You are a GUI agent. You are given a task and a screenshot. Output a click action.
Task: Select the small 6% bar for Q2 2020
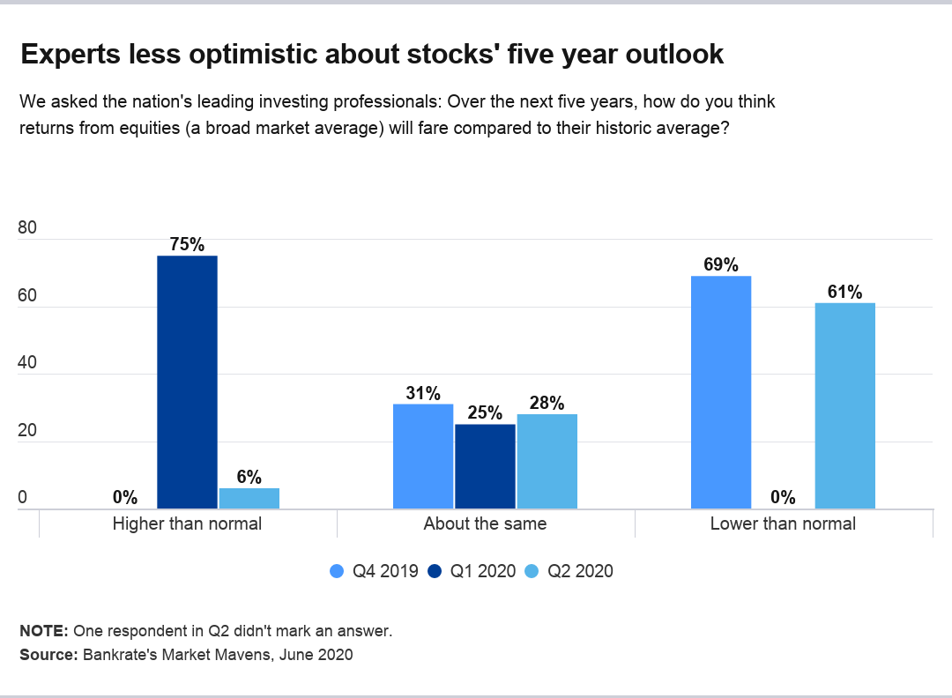pyautogui.click(x=249, y=499)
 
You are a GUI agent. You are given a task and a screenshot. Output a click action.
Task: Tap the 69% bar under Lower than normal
pyautogui.click(x=721, y=392)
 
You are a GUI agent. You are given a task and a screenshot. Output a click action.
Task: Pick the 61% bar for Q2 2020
pyautogui.click(x=844, y=405)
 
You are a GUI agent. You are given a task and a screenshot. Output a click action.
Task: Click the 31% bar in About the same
pyautogui.click(x=423, y=457)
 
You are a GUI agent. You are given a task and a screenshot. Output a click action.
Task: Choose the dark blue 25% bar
pyautogui.click(x=485, y=466)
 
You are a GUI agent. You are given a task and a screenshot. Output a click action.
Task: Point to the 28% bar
pyautogui.click(x=547, y=461)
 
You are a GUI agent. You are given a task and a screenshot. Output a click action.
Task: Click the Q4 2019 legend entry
pyautogui.click(x=374, y=571)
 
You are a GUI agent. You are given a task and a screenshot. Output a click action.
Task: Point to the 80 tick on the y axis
pyautogui.click(x=27, y=228)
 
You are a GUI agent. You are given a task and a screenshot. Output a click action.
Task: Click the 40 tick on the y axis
pyautogui.click(x=27, y=363)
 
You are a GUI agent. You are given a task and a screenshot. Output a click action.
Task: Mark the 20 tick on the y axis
pyautogui.click(x=27, y=431)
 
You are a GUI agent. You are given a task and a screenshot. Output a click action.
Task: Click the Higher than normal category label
pyautogui.click(x=187, y=523)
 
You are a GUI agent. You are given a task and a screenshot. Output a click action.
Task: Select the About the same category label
pyautogui.click(x=485, y=523)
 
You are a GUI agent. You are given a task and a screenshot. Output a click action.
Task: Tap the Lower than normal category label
pyautogui.click(x=783, y=523)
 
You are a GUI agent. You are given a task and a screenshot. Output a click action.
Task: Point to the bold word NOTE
pyautogui.click(x=43, y=631)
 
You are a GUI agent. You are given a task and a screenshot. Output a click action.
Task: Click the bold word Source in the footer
pyautogui.click(x=48, y=655)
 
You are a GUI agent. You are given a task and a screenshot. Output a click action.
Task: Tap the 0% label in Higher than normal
pyautogui.click(x=125, y=498)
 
